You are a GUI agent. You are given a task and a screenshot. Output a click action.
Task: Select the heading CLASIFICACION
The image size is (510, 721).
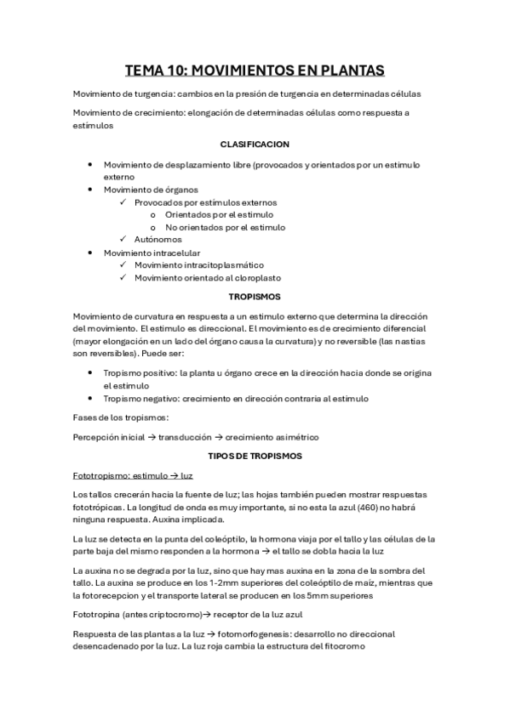pos(255,145)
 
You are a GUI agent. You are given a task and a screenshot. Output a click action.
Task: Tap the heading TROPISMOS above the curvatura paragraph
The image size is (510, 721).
pos(255,297)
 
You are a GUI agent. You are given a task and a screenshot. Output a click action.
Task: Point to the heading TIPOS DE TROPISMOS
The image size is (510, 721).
pos(255,456)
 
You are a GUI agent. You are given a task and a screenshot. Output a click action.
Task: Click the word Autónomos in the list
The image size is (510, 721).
pos(158,240)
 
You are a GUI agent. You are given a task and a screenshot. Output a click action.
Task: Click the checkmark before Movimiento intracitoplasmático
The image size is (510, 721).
pos(124,265)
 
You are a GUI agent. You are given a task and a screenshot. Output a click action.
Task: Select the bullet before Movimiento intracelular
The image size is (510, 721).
pos(91,253)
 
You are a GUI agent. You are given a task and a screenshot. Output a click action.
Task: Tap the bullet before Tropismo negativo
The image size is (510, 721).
pos(91,399)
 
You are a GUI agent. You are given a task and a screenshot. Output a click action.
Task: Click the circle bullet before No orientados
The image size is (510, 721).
pos(152,227)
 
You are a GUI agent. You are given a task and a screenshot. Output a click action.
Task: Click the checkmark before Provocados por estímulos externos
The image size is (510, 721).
pos(124,202)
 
